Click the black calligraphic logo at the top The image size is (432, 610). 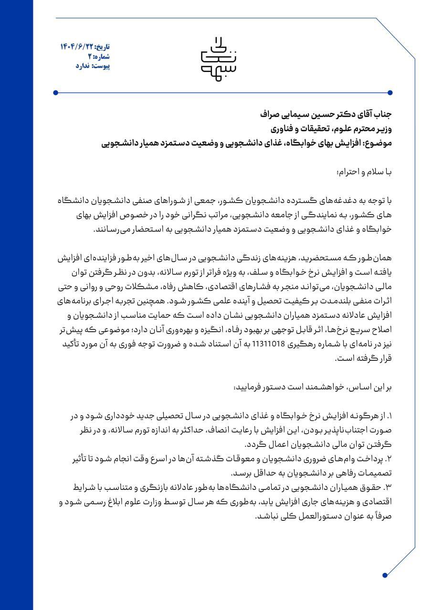pyautogui.click(x=216, y=55)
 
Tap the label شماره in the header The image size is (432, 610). pyautogui.click(x=102, y=57)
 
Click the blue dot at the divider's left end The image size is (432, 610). pyautogui.click(x=56, y=92)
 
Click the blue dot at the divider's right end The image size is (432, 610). pyautogui.click(x=390, y=92)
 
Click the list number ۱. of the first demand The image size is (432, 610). pyautogui.click(x=388, y=417)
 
